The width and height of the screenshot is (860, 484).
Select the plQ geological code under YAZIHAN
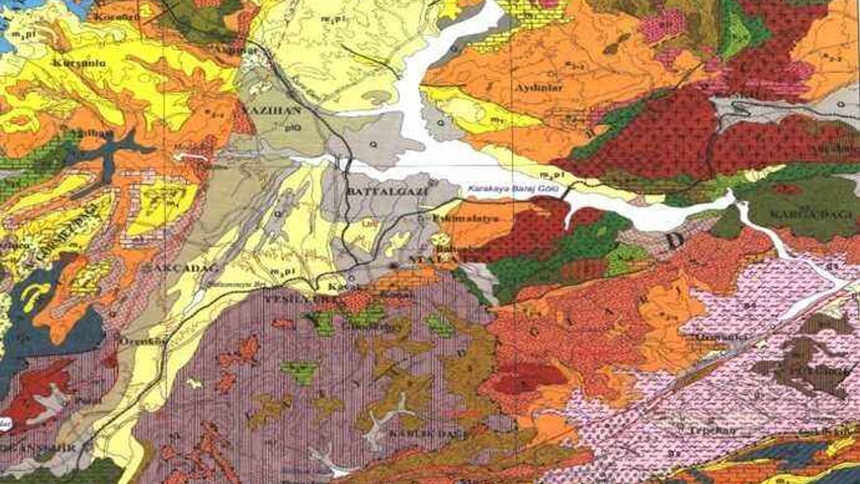coord(292,126)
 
